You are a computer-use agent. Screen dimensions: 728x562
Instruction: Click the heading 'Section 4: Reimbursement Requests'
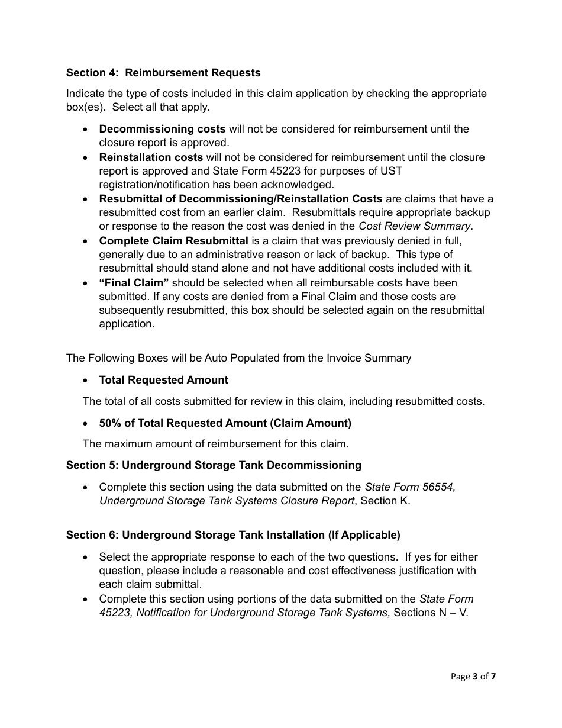pos(163,73)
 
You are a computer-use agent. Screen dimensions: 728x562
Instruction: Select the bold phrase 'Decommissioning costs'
pos(162,129)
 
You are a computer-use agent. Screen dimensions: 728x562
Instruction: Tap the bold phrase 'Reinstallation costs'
pos(151,157)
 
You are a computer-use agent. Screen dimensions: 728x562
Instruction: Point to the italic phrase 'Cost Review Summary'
pos(415,226)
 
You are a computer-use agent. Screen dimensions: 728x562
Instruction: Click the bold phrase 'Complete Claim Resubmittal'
pos(173,241)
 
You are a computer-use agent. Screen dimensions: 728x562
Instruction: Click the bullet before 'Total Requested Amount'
pos(86,380)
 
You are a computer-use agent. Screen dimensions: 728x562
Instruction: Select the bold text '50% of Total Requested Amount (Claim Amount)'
pos(225,423)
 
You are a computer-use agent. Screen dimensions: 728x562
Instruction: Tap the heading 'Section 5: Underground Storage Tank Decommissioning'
pos(214,465)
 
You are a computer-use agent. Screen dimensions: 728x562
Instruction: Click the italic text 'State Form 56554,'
pos(410,487)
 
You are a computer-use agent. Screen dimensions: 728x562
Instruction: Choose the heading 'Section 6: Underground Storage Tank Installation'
pos(233,535)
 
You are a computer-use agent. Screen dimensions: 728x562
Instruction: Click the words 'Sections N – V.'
pos(431,613)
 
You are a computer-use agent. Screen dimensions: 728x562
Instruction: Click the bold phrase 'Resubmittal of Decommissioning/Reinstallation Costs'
pos(240,199)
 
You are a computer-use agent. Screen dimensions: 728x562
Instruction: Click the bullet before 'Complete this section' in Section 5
pos(86,487)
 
